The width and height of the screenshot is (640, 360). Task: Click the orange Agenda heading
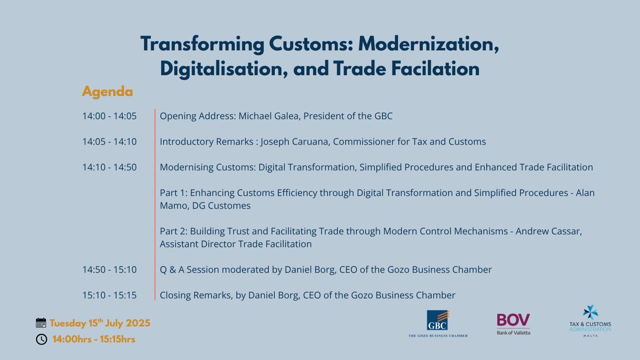point(107,92)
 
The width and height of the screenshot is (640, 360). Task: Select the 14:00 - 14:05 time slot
point(109,116)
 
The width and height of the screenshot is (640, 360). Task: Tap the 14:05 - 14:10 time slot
point(109,141)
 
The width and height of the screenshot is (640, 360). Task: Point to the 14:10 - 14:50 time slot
point(109,167)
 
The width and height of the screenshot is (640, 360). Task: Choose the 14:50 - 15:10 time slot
point(109,270)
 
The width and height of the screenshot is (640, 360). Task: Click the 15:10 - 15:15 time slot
point(109,295)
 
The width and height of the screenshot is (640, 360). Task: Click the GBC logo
point(437,324)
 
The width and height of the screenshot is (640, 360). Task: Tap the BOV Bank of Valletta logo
point(514,324)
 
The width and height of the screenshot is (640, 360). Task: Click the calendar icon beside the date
point(41,323)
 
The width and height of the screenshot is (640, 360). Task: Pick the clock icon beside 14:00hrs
point(41,339)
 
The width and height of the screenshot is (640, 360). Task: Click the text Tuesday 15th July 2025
point(100,323)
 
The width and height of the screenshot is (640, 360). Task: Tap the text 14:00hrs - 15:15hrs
point(93,339)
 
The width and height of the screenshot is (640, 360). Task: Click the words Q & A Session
point(190,270)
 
